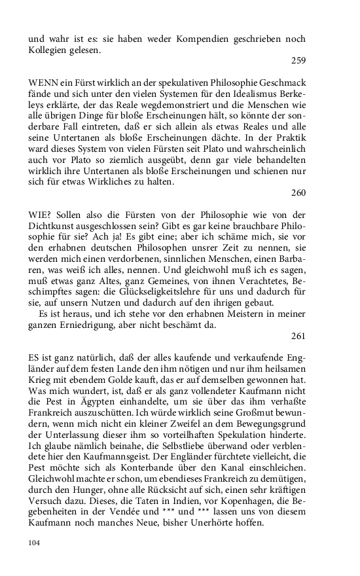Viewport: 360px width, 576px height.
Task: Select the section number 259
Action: click(298, 62)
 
